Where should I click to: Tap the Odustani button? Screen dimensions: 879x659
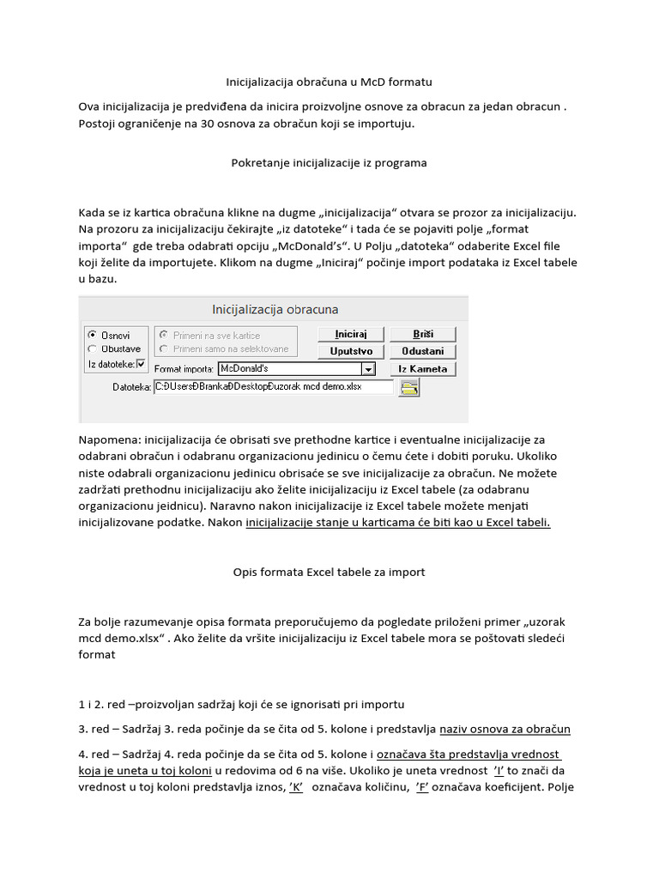click(422, 351)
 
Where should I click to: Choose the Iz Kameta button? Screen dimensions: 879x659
click(422, 369)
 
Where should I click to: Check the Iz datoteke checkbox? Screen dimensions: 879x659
click(142, 364)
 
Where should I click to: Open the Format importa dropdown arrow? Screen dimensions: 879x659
click(368, 369)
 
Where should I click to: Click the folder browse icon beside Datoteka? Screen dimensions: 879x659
click(410, 388)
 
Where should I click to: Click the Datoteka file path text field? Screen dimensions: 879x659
click(272, 388)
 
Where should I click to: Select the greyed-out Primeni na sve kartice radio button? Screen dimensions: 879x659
click(164, 335)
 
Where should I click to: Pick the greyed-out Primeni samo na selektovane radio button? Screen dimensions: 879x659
click(164, 349)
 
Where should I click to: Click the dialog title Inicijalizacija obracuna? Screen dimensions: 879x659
click(275, 309)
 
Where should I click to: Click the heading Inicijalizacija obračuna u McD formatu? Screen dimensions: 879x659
click(329, 82)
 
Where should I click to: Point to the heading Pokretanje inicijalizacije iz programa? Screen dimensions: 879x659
click(329, 162)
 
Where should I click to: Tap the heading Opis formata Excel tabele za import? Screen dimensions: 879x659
click(329, 572)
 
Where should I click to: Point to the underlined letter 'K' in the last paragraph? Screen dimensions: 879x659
click(296, 787)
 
